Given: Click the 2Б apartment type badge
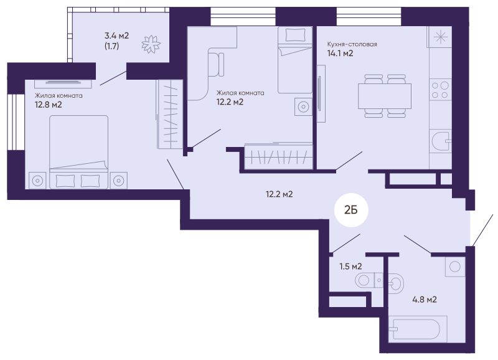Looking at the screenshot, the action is point(351,210).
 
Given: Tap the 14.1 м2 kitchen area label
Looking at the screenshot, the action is point(340,53).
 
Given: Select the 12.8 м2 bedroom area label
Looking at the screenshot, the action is point(49,105).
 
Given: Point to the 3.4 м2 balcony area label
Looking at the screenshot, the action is point(117,36).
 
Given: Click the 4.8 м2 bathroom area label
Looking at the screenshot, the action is point(425,300).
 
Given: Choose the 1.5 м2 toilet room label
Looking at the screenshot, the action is point(350,267).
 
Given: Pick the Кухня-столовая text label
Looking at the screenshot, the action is point(352,44).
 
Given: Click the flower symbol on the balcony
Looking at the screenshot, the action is point(151,44).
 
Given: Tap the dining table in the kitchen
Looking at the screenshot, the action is point(385,96).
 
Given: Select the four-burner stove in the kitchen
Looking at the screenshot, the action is point(440,90).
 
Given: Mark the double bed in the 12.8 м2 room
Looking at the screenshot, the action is point(79,152).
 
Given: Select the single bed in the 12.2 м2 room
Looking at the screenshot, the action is point(295,60).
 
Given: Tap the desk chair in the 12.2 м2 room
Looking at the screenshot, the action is point(216,65).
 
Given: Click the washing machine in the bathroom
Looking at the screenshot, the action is point(455,267).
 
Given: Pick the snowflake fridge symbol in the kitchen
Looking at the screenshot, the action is point(440,37).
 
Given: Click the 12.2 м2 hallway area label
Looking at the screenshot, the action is point(279,194).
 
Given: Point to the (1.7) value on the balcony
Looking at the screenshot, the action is point(112,46).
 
